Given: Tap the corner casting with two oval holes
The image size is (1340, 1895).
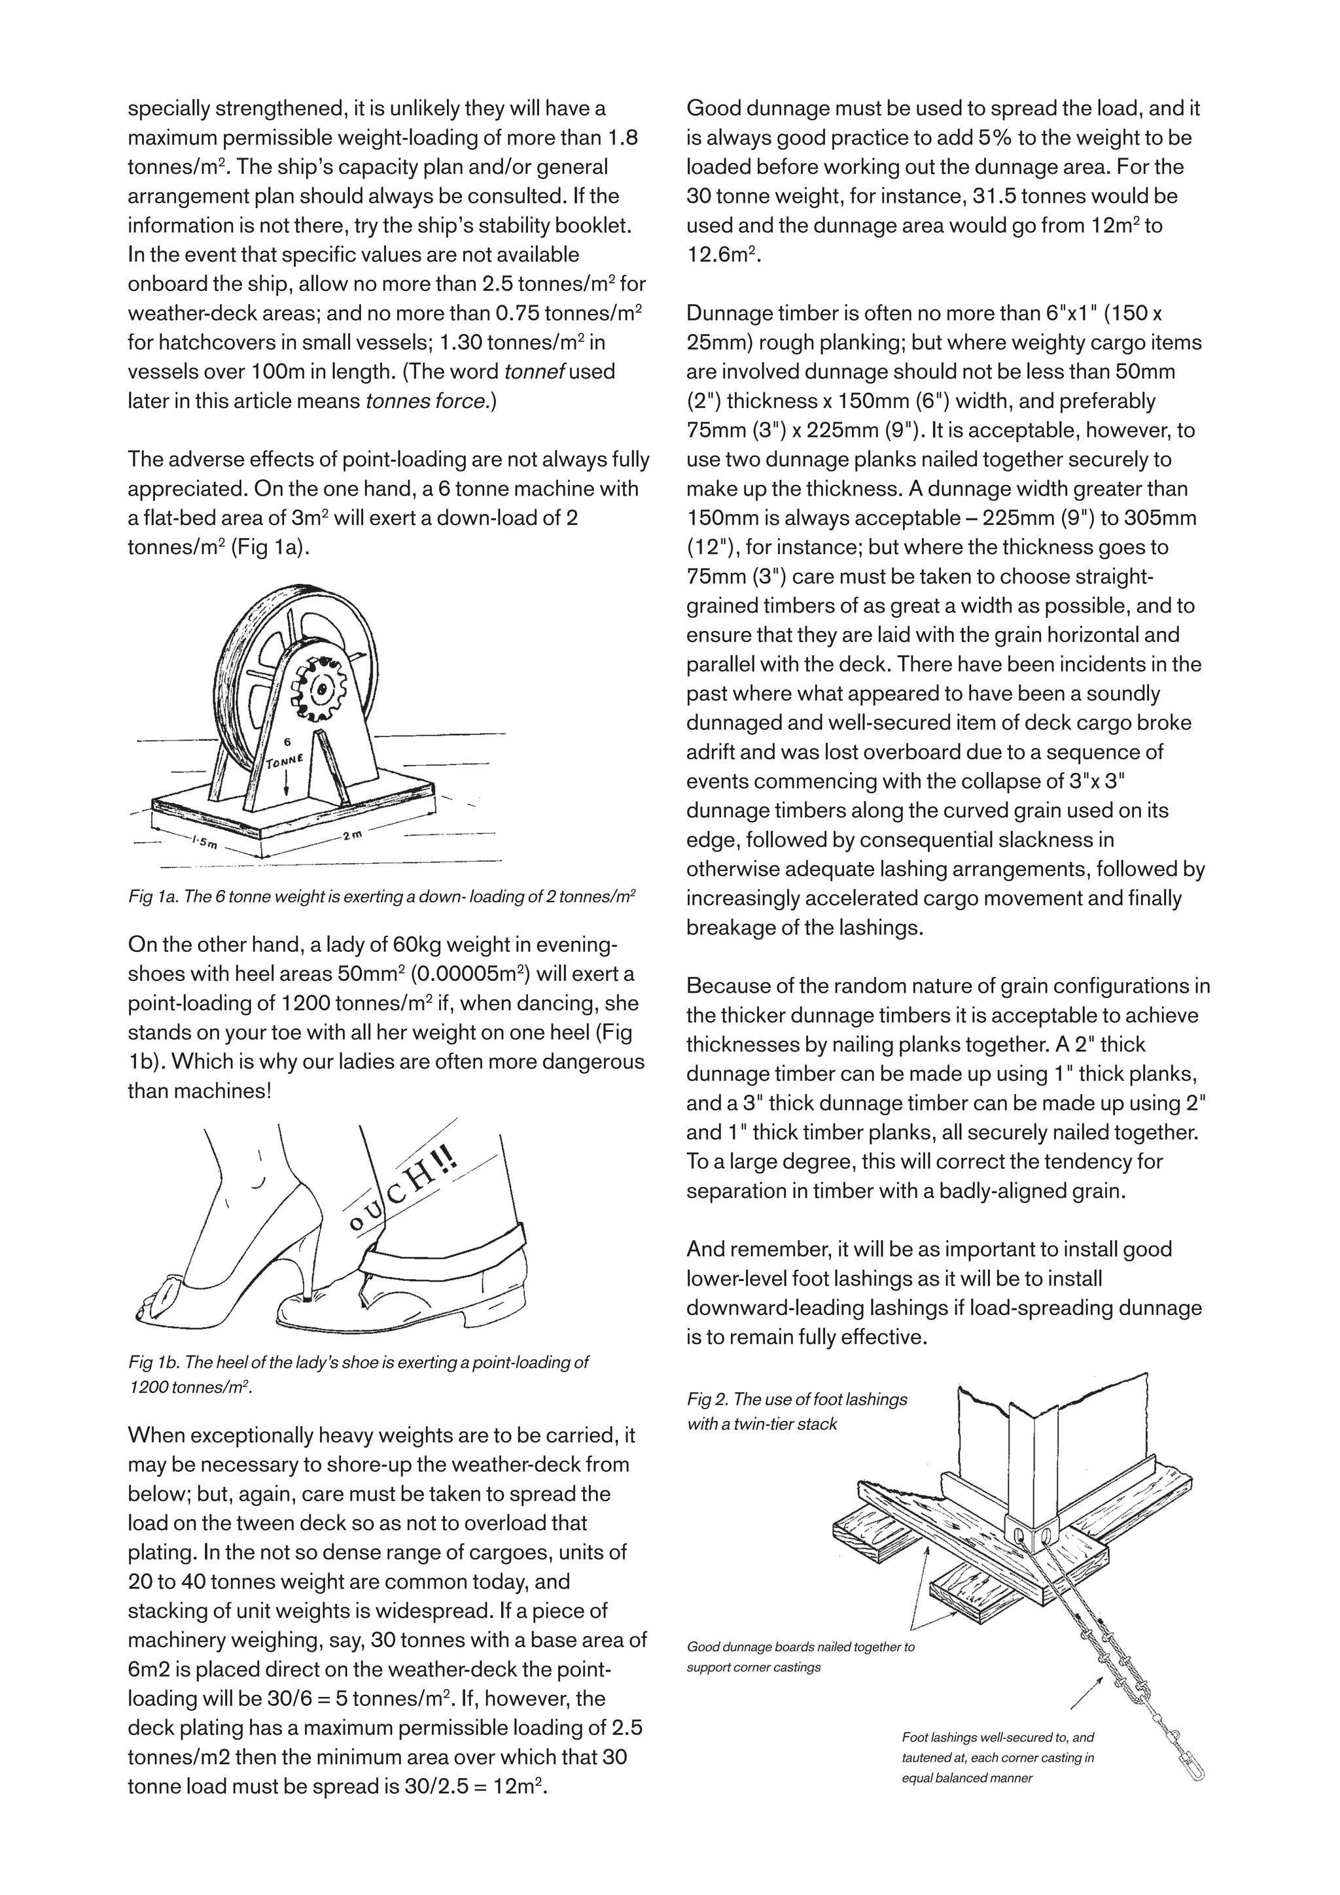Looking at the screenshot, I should click(x=1032, y=1534).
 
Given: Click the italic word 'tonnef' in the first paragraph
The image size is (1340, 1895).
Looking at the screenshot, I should click(x=534, y=371).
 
